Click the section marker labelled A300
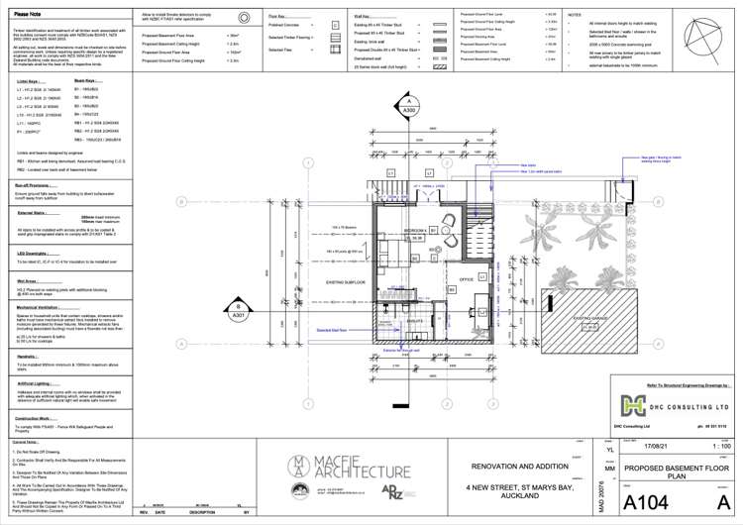point(406,104)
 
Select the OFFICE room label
point(466,279)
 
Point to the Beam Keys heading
point(88,81)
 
